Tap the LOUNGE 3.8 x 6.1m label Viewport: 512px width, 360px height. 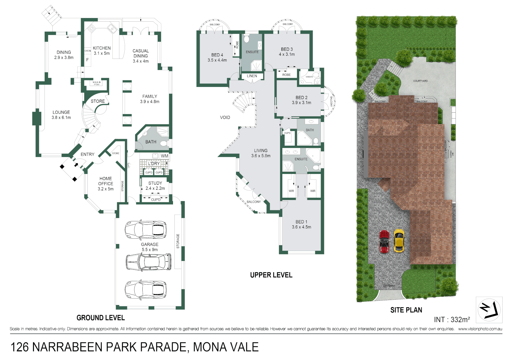pos(61,115)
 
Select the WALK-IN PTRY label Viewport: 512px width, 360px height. pos(97,83)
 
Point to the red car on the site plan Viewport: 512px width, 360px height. pos(384,241)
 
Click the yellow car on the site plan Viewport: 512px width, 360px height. pos(399,240)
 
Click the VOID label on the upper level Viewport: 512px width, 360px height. pos(225,117)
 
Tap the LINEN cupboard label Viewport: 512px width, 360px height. pos(252,76)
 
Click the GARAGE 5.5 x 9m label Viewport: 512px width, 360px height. pos(150,247)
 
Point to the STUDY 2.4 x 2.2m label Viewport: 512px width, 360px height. pos(155,186)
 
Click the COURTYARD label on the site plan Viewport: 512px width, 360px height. pos(420,81)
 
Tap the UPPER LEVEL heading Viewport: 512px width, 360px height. pos(271,275)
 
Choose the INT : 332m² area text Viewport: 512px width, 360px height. pos(452,320)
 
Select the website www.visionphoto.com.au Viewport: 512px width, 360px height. pos(480,329)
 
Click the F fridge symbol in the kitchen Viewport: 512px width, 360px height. pos(88,60)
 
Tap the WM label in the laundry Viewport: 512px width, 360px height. pos(165,156)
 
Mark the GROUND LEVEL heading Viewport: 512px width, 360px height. pos(101,318)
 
